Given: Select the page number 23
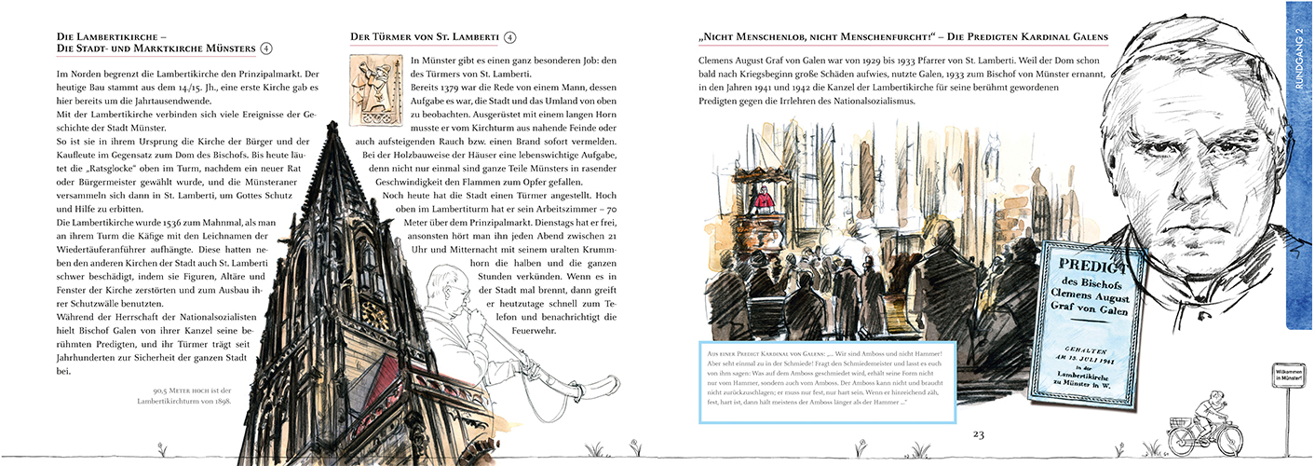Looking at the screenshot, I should (978, 434).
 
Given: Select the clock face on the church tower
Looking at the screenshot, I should (373, 314).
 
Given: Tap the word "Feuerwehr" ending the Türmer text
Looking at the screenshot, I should (590, 331).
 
